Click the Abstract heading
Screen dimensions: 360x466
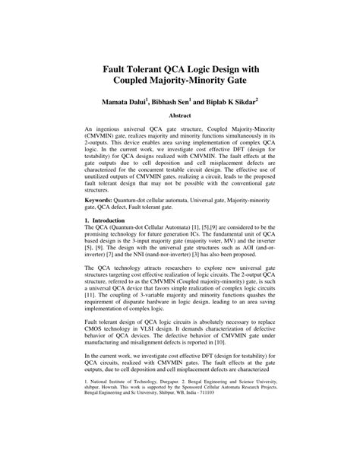[180, 117]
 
